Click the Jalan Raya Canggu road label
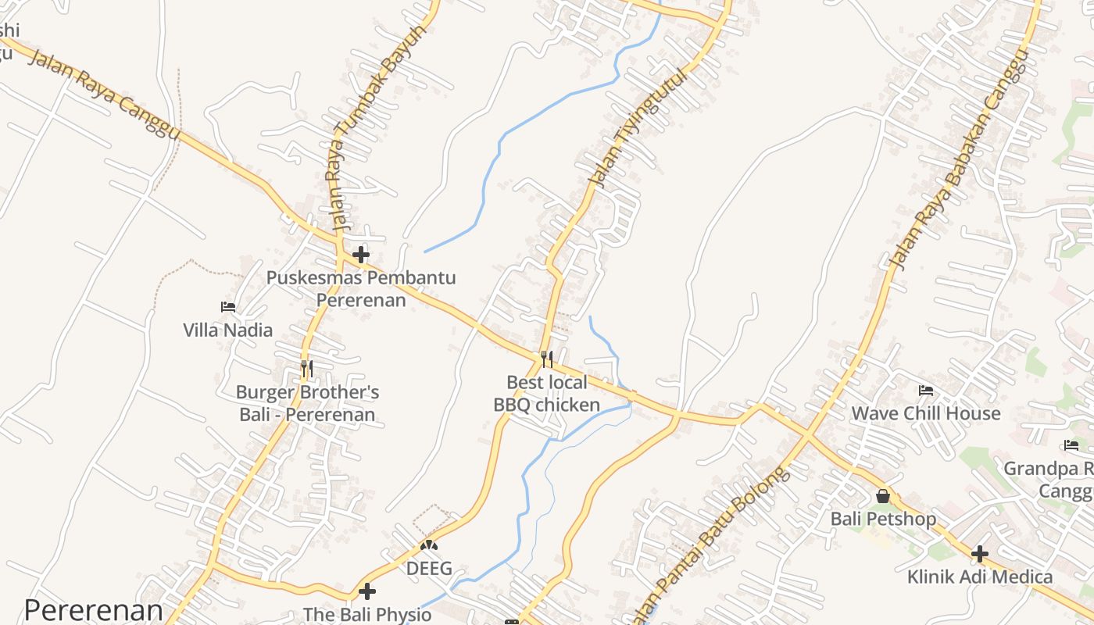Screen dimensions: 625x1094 (x=105, y=95)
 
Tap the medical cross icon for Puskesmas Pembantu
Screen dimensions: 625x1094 (x=360, y=255)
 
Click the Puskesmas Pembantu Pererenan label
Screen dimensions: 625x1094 (x=361, y=288)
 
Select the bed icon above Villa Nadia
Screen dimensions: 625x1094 (x=228, y=307)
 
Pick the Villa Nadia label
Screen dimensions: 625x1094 (x=228, y=330)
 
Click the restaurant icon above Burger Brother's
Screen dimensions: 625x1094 (x=307, y=368)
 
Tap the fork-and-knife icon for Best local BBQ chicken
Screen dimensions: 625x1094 (x=547, y=359)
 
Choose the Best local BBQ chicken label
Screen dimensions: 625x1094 (x=547, y=393)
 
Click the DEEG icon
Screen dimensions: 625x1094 (x=429, y=545)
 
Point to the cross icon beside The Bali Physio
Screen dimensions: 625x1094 (x=366, y=591)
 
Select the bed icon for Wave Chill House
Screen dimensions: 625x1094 (x=926, y=390)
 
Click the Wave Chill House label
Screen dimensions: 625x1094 (x=926, y=413)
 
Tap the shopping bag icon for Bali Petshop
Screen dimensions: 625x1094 (x=883, y=496)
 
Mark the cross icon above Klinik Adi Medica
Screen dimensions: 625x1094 (x=980, y=554)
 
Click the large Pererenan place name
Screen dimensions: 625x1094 (x=94, y=610)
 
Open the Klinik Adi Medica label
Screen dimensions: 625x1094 (x=980, y=577)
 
